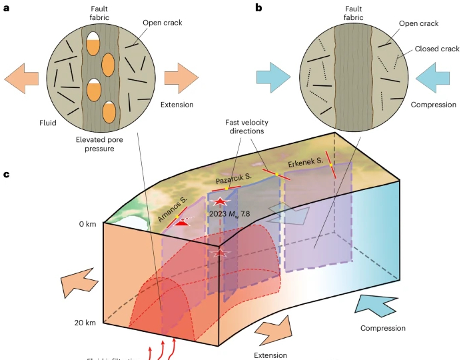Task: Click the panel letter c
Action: click(6, 175)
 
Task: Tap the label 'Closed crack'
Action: click(436, 49)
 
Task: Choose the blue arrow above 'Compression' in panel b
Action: click(432, 77)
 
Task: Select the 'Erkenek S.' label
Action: click(306, 162)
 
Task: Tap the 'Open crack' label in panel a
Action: click(162, 22)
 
